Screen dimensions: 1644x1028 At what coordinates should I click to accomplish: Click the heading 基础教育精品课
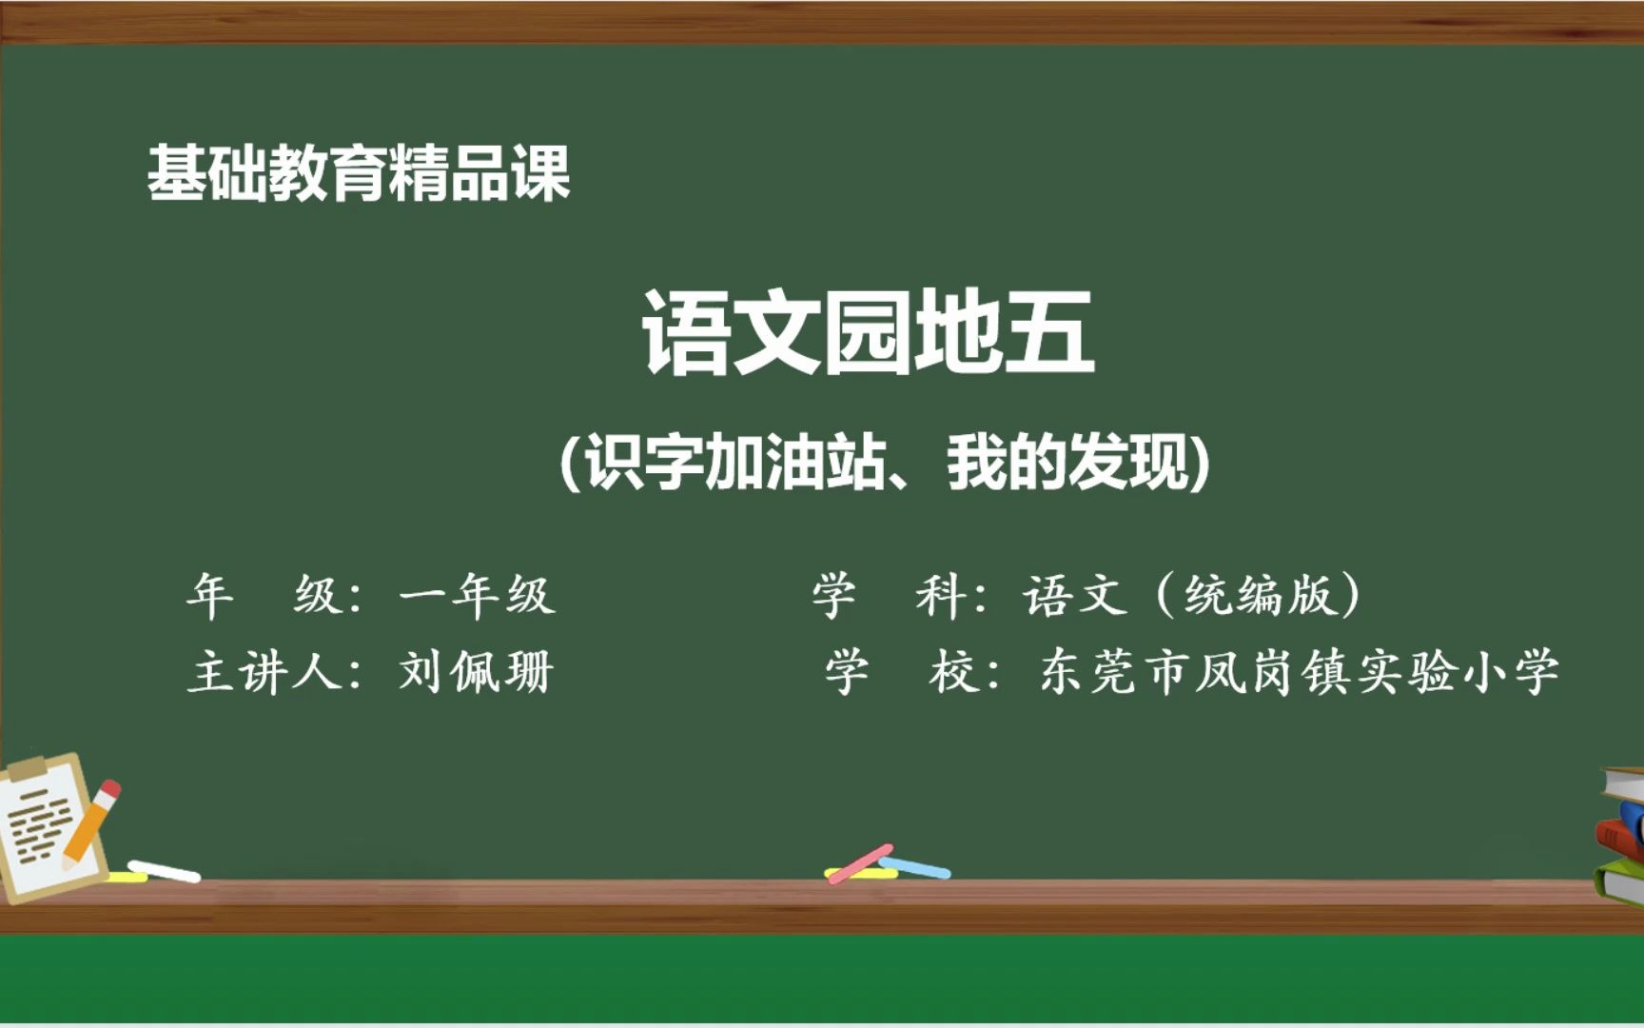point(359,173)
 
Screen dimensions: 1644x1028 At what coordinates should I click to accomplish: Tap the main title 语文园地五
point(868,333)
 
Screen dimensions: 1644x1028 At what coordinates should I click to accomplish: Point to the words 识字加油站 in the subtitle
point(734,463)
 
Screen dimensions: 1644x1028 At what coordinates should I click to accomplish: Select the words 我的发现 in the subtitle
point(1067,463)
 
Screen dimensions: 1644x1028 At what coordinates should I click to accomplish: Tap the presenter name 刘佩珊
point(477,672)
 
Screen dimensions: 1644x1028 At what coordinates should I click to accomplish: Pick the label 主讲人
point(265,672)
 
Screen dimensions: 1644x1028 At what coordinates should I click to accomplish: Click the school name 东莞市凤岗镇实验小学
point(1300,672)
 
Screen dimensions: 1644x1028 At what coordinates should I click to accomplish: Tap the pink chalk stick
point(860,864)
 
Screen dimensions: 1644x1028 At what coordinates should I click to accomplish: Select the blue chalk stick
point(914,867)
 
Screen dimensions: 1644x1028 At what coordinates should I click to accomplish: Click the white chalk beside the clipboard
point(164,871)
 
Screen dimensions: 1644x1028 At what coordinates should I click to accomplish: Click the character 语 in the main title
point(686,333)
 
